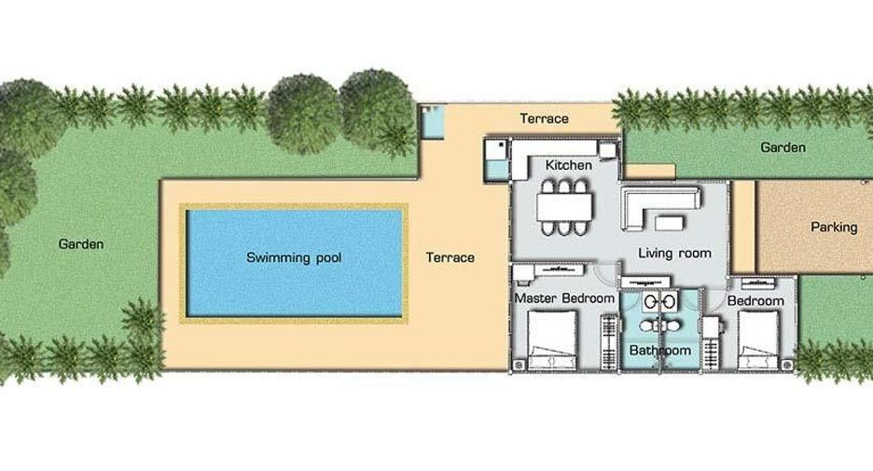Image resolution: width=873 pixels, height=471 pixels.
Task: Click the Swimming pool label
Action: (294, 257)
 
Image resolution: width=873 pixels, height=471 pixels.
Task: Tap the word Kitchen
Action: (568, 165)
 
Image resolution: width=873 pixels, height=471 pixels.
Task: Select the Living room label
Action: (674, 254)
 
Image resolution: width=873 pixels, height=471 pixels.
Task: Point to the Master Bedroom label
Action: (564, 298)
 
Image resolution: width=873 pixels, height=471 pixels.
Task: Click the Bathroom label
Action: (660, 351)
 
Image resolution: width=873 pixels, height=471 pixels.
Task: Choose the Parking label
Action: (834, 228)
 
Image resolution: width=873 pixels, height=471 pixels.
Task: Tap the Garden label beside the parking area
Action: (783, 147)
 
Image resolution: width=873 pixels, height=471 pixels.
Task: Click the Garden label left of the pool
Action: (81, 243)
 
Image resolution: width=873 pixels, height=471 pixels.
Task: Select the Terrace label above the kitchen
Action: (544, 118)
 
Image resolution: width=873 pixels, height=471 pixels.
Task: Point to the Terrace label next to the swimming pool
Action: (450, 257)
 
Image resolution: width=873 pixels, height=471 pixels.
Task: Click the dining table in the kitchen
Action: (564, 207)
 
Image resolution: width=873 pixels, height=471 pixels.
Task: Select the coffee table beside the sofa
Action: (670, 223)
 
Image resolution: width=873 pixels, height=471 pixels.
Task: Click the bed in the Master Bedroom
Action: (552, 340)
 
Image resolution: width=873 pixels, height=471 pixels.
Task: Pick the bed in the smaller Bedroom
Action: (758, 340)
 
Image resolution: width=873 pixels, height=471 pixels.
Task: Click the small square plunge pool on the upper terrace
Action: (432, 123)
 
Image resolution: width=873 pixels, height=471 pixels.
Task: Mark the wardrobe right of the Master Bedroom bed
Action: (609, 342)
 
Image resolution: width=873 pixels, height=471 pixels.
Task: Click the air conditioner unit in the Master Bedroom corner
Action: (520, 365)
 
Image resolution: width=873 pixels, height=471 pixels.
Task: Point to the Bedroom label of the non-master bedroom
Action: (755, 301)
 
